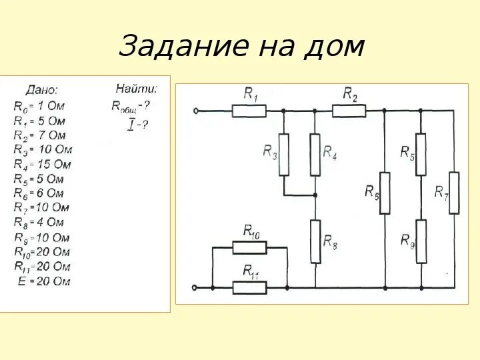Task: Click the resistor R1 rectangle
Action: [x=249, y=111]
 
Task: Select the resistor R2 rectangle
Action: [x=349, y=111]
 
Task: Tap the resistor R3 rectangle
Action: [x=284, y=154]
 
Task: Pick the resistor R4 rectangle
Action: [x=315, y=154]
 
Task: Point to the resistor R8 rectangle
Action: [x=315, y=241]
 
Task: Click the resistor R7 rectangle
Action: [x=454, y=193]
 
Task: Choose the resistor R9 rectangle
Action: [x=421, y=241]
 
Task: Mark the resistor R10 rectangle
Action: [x=249, y=247]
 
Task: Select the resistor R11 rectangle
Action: [x=249, y=287]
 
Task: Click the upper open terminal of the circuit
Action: [x=194, y=111]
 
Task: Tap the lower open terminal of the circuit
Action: [x=194, y=287]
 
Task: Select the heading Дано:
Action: [x=41, y=89]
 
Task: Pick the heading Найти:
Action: [x=136, y=88]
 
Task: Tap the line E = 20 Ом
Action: [x=43, y=281]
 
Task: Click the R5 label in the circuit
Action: [x=407, y=152]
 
